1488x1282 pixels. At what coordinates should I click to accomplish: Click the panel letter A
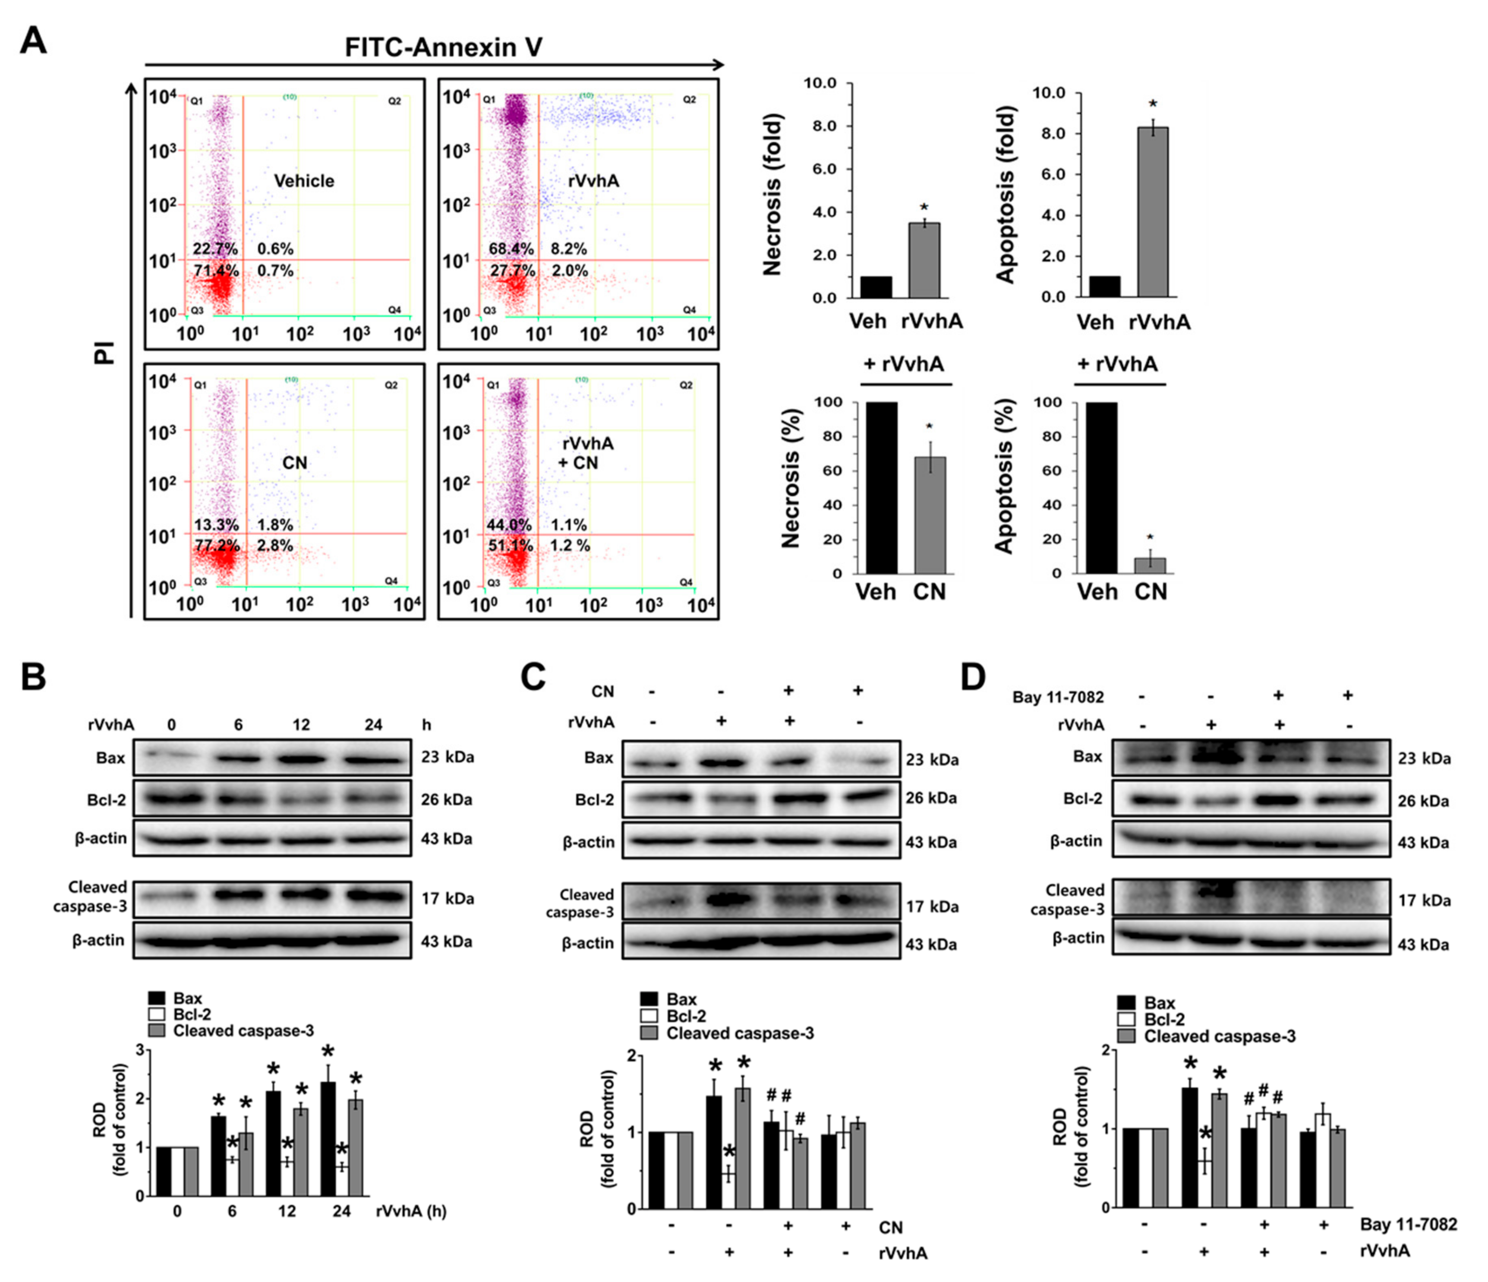[x=33, y=41]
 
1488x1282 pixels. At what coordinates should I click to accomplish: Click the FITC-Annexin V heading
[x=443, y=47]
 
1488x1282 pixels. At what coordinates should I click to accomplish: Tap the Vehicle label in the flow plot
[x=304, y=181]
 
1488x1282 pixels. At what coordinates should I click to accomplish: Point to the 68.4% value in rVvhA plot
[x=510, y=249]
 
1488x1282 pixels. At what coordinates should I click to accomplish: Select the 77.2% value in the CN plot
[x=216, y=546]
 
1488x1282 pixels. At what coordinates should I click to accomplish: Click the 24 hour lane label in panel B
[x=373, y=725]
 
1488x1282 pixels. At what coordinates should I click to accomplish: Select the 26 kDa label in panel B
[x=446, y=799]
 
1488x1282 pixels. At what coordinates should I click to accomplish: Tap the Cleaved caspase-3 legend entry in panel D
[x=1220, y=1036]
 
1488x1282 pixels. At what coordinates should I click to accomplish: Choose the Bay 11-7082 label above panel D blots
[x=1058, y=697]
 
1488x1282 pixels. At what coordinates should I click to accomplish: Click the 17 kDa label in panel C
[x=931, y=906]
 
